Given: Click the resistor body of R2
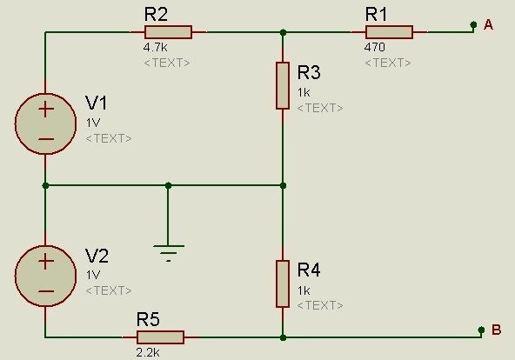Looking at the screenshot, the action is click(x=168, y=32).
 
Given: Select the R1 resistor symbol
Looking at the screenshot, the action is click(x=389, y=32).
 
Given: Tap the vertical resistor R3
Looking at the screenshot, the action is click(x=283, y=85).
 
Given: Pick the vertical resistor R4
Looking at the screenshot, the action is click(x=283, y=283).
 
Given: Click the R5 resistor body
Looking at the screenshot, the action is click(x=160, y=337).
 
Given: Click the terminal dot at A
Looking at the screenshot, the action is click(x=473, y=24).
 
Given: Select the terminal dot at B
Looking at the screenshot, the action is click(x=481, y=330).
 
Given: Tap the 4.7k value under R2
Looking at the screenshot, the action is click(x=155, y=47).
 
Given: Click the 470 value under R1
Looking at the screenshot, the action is click(x=374, y=47).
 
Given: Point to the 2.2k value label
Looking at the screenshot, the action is click(x=148, y=352).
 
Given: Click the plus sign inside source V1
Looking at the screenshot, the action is click(x=46, y=110).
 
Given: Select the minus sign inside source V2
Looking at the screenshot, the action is click(x=46, y=291).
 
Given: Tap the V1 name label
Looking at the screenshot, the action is click(x=96, y=103).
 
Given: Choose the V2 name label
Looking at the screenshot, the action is click(x=97, y=256).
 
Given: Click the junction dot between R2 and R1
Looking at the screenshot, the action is click(x=283, y=32).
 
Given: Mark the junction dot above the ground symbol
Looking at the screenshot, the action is click(x=168, y=186).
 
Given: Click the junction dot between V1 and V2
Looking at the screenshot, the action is click(x=45, y=186).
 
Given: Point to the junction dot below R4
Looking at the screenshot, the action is click(x=283, y=337).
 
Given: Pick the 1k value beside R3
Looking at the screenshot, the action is click(x=304, y=92).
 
